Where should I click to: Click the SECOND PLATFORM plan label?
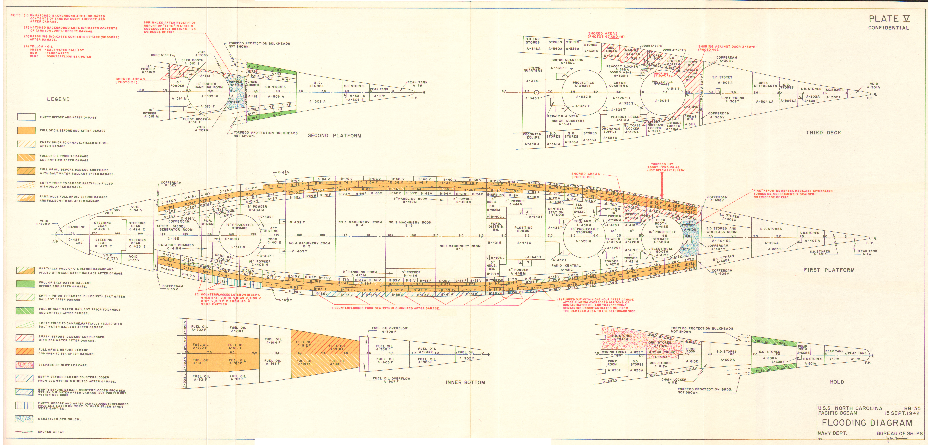point(334,136)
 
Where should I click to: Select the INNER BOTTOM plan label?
point(465,382)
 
